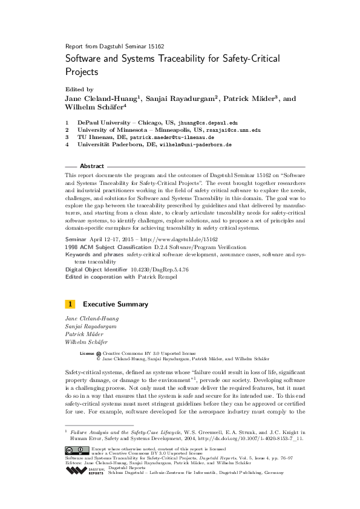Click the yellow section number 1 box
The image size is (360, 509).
(70, 303)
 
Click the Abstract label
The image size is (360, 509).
(91, 166)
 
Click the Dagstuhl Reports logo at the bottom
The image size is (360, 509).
(77, 470)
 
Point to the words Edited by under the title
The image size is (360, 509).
(79, 89)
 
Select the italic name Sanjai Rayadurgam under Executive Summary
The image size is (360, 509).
(90, 326)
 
